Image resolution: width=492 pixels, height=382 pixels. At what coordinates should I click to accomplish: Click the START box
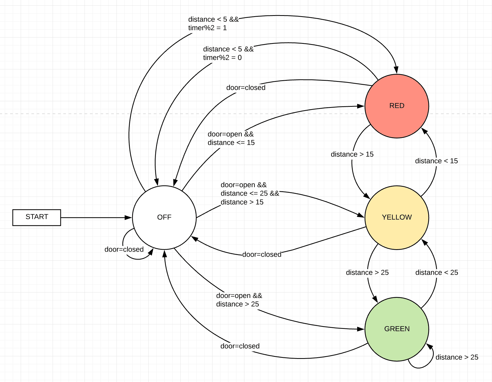pyautogui.click(x=37, y=217)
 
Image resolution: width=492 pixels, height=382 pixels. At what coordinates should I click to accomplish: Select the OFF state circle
pyautogui.click(x=164, y=217)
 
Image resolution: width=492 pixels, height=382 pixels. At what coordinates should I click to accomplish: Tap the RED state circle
pyautogui.click(x=397, y=106)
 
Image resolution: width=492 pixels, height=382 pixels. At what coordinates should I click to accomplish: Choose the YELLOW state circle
pyautogui.click(x=397, y=217)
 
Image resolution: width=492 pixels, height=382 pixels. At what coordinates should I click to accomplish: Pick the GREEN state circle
pyautogui.click(x=397, y=329)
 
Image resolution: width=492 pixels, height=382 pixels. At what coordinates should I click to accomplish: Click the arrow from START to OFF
pyautogui.click(x=96, y=218)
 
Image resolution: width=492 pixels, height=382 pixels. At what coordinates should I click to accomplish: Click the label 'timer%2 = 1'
pyautogui.click(x=207, y=28)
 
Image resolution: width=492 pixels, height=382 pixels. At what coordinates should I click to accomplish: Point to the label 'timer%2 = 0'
pyautogui.click(x=222, y=58)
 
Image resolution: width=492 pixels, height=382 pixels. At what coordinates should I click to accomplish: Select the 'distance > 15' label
pyautogui.click(x=352, y=154)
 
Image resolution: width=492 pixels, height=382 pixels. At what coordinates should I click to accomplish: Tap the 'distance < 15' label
pyautogui.click(x=436, y=161)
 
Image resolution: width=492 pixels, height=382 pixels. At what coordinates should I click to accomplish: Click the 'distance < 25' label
pyautogui.click(x=437, y=273)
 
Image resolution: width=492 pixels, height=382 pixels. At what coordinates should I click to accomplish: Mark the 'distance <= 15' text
pyautogui.click(x=231, y=143)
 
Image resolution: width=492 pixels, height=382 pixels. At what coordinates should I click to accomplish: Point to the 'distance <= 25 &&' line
pyautogui.click(x=250, y=193)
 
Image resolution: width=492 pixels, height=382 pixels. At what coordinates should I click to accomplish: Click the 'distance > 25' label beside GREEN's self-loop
pyautogui.click(x=457, y=357)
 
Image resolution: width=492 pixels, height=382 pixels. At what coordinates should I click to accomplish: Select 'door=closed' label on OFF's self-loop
pyautogui.click(x=124, y=249)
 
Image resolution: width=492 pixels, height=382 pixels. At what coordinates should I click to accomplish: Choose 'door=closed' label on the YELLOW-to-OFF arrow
pyautogui.click(x=262, y=254)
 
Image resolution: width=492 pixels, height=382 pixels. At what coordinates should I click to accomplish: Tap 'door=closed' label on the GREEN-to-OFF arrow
pyautogui.click(x=240, y=346)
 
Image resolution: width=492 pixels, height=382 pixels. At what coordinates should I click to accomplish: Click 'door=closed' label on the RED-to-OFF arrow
pyautogui.click(x=246, y=88)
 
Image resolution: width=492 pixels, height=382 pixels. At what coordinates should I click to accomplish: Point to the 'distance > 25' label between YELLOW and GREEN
pyautogui.click(x=367, y=273)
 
